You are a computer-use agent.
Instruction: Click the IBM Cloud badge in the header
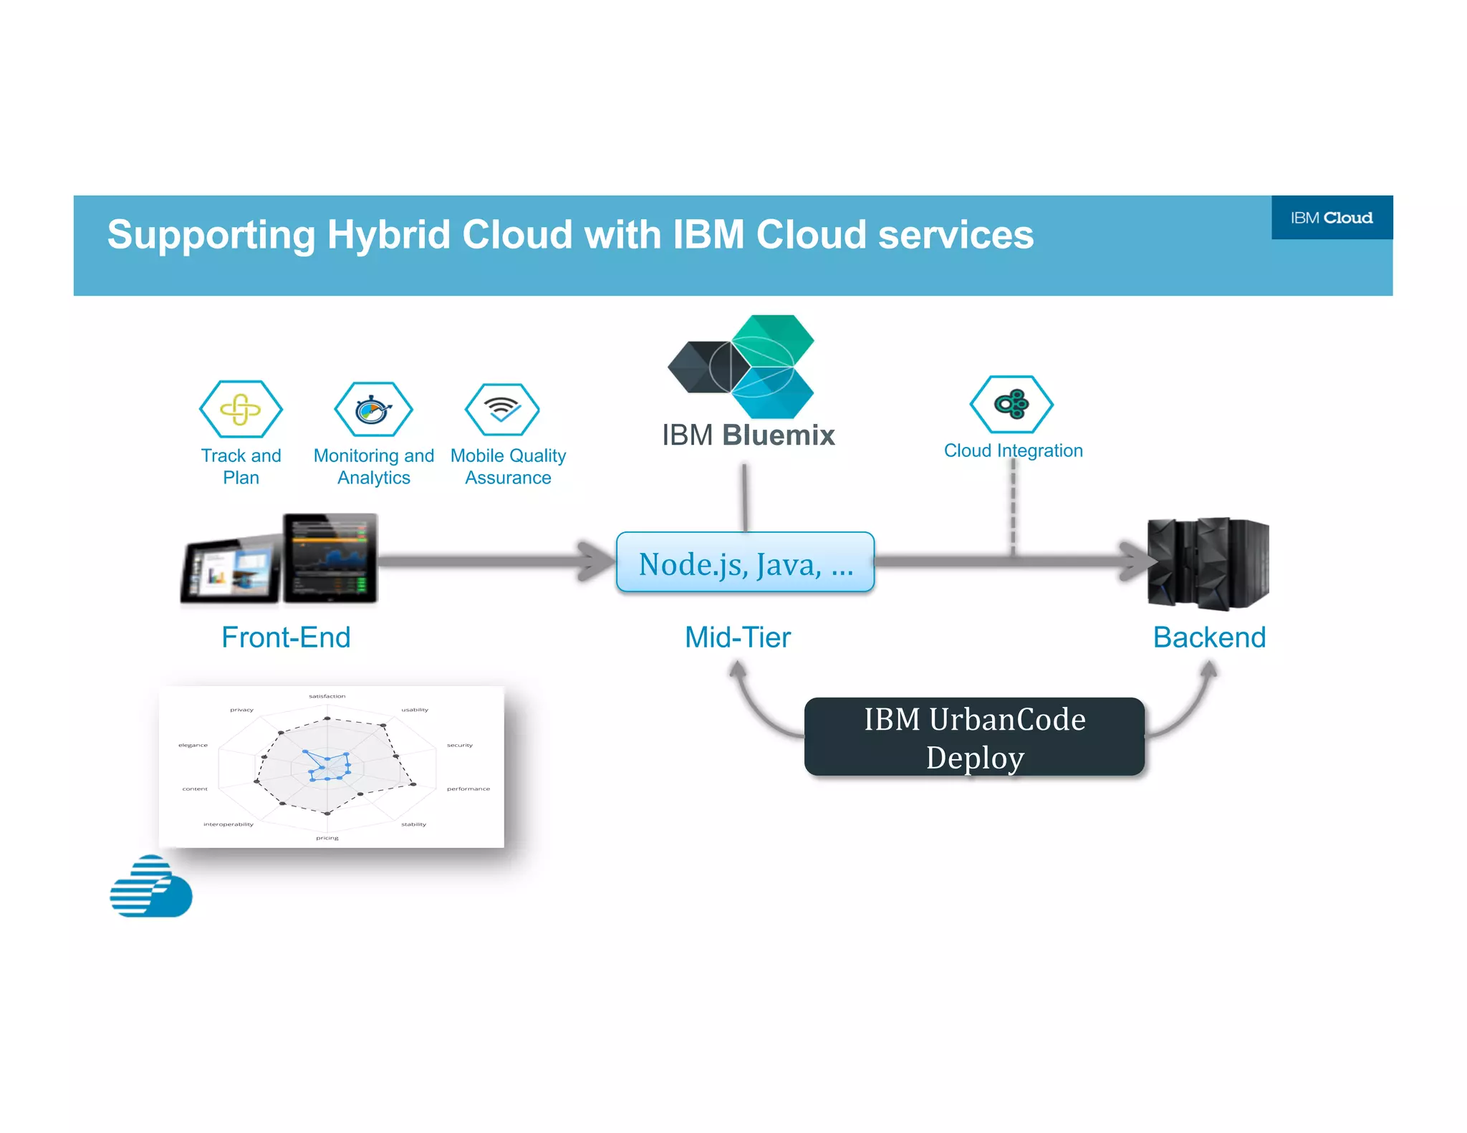click(x=1331, y=218)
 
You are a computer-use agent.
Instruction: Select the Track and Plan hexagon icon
click(x=241, y=409)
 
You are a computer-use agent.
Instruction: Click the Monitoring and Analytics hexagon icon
click(x=373, y=410)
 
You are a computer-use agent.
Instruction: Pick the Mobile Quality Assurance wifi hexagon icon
click(x=502, y=410)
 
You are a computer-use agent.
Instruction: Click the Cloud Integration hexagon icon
click(x=1011, y=405)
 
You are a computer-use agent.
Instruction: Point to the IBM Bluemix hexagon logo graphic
click(x=742, y=367)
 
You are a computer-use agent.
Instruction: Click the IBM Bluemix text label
click(x=748, y=435)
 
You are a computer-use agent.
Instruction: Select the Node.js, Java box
click(x=745, y=563)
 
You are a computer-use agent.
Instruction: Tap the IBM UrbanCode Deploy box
click(x=974, y=738)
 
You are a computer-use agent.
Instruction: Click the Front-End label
click(x=286, y=637)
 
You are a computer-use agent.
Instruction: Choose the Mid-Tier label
click(x=738, y=637)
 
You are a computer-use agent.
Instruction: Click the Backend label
click(x=1209, y=637)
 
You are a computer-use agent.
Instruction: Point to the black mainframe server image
click(x=1208, y=563)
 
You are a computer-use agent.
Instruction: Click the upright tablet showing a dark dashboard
click(x=330, y=558)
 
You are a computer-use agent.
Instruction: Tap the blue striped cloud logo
click(x=151, y=887)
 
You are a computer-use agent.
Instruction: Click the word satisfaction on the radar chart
click(x=327, y=696)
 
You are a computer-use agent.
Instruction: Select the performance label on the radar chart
click(x=468, y=789)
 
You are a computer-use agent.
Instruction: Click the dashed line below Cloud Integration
click(x=1013, y=508)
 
